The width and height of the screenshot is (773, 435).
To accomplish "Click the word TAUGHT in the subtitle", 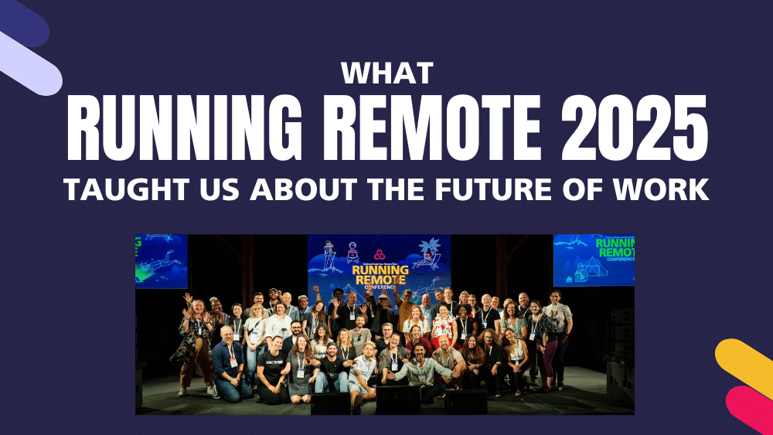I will point(118,190).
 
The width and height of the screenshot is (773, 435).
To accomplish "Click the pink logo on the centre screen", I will point(379,254).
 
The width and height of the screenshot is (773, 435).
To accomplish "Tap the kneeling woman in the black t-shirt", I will point(274,371).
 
